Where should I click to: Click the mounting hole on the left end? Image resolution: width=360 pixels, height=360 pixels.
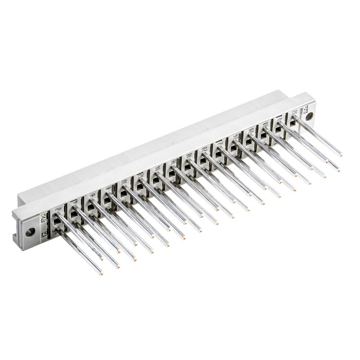[x=30, y=232]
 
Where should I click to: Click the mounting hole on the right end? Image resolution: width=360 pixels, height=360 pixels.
[x=309, y=116]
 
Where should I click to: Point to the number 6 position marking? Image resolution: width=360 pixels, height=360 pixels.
[x=93, y=195]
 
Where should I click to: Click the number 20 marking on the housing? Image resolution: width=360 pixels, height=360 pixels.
[x=205, y=149]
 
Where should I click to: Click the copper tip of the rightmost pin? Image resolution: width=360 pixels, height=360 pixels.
[x=341, y=155]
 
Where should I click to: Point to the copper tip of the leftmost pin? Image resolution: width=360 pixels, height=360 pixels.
[x=101, y=273]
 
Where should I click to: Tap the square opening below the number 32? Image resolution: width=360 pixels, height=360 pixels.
[x=293, y=121]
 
